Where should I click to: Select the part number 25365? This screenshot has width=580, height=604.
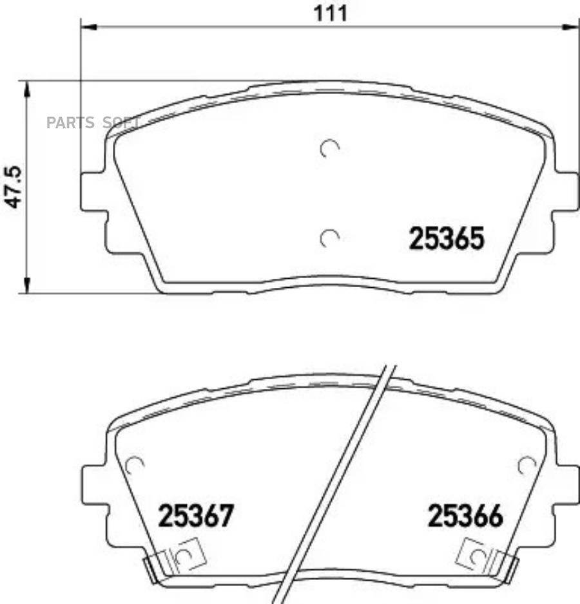(445, 240)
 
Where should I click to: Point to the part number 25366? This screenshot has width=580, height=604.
(465, 516)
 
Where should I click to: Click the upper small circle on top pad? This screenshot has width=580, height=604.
(329, 149)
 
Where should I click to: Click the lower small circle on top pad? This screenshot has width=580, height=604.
(329, 238)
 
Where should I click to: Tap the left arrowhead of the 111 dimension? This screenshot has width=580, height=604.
(88, 26)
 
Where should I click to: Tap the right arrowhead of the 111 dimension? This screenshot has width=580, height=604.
(571, 26)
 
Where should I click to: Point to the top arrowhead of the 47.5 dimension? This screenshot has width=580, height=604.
(26, 89)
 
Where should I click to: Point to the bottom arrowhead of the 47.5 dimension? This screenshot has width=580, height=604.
(26, 286)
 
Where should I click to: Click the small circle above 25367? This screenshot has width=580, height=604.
(133, 464)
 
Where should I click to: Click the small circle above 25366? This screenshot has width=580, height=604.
(527, 464)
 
